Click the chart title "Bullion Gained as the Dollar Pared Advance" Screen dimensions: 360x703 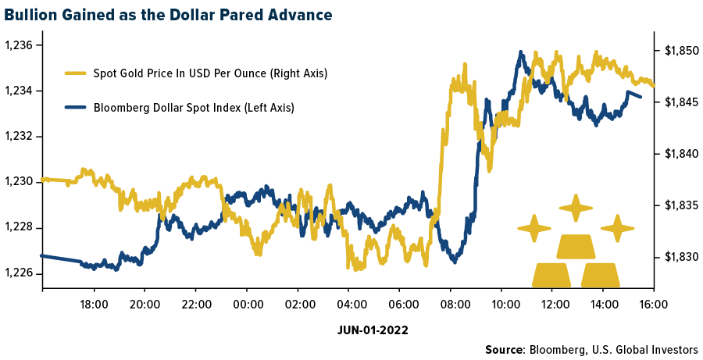tap(166, 14)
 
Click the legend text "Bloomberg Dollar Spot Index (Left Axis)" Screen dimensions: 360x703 tap(194, 108)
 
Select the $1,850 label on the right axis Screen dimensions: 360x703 tap(677, 52)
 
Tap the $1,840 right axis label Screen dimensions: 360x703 tap(677, 155)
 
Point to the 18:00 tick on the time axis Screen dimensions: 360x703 tap(95, 304)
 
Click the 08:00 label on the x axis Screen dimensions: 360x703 tap(450, 304)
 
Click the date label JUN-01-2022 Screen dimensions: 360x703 tap(373, 330)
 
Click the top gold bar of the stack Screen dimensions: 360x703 tap(575, 247)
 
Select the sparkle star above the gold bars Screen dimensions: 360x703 tap(576, 209)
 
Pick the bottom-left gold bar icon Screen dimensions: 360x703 tap(551, 275)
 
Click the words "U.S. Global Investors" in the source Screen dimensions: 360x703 tap(651, 350)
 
